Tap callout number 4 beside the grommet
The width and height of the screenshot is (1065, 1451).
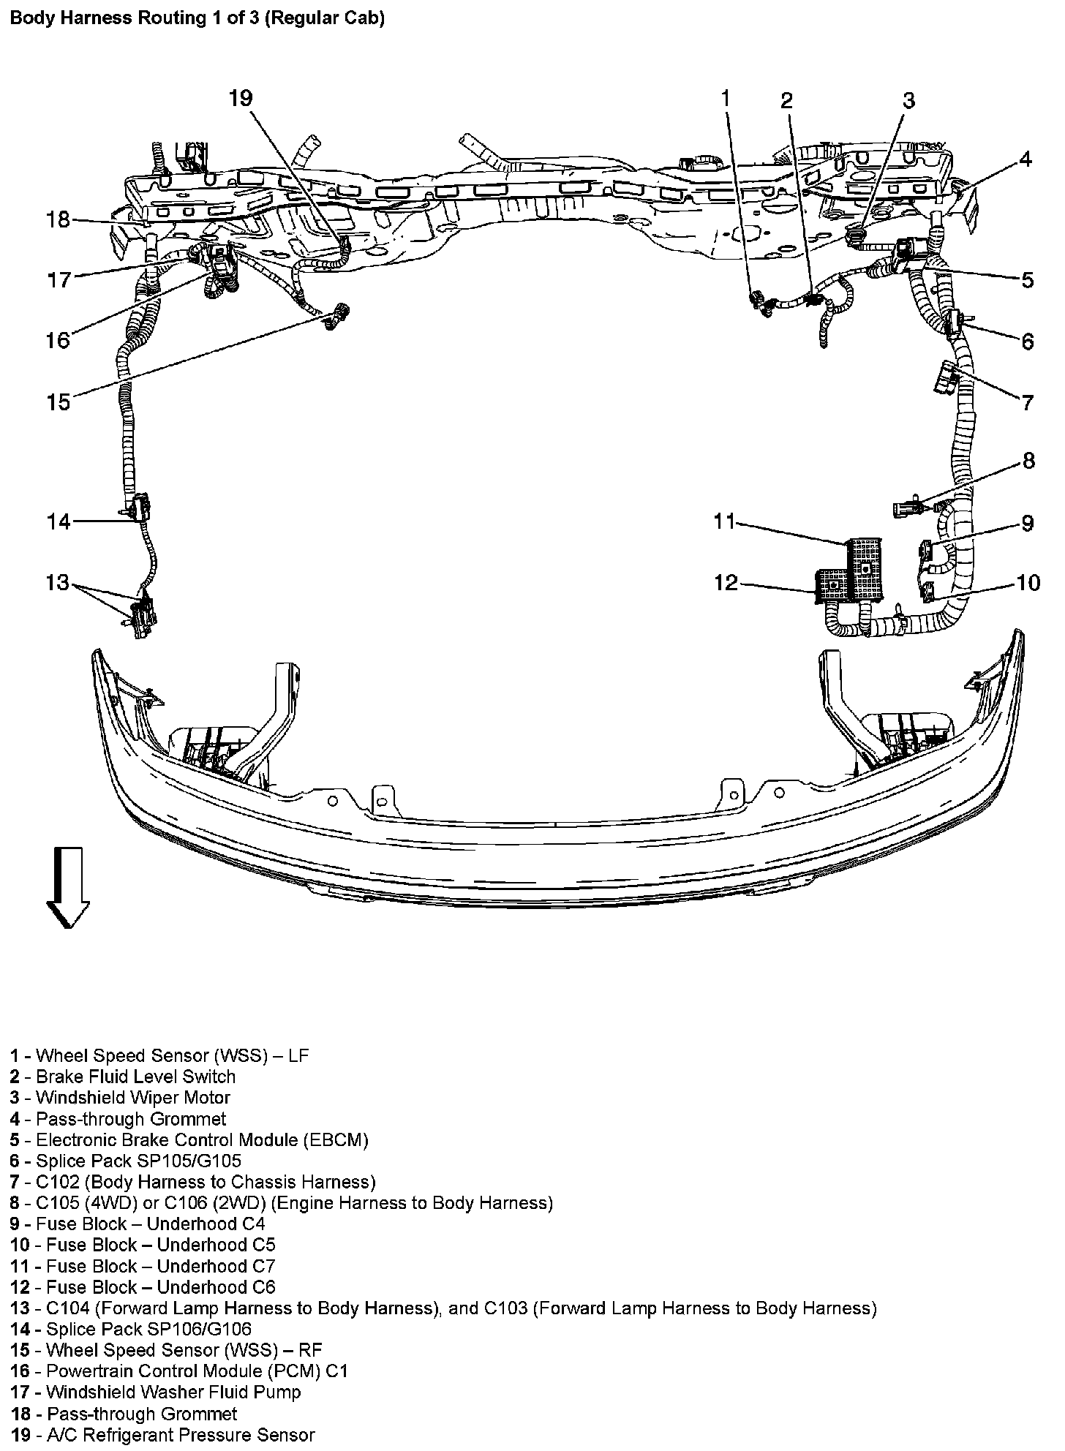1026,159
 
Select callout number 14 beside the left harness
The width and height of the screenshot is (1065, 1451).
59,521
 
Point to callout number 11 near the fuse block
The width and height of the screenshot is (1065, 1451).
724,521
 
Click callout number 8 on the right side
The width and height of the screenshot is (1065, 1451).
1028,460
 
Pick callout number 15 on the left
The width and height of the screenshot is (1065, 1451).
59,402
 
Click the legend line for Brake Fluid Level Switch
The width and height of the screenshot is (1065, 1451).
135,1077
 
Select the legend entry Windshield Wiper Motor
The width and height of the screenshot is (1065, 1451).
132,1098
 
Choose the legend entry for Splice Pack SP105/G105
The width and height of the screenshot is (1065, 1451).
138,1161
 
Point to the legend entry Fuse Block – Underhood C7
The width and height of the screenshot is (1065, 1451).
160,1266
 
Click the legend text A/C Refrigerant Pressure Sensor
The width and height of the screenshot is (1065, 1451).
180,1435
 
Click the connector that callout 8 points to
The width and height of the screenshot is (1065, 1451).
907,506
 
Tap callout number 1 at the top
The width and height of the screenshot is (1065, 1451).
725,98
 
